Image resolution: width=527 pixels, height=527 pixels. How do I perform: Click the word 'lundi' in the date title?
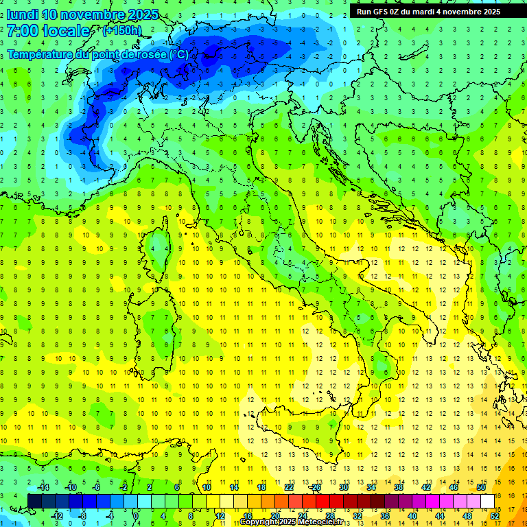pyautogui.click(x=22, y=14)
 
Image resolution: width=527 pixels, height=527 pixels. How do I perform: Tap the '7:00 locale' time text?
pyautogui.click(x=49, y=31)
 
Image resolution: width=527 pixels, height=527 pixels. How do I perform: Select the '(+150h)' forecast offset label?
pyautogui.click(x=123, y=31)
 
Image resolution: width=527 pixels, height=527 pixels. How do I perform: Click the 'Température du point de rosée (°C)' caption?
pyautogui.click(x=97, y=54)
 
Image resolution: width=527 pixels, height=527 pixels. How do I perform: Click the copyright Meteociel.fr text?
pyautogui.click(x=296, y=522)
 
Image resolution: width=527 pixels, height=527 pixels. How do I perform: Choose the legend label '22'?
pyautogui.click(x=289, y=487)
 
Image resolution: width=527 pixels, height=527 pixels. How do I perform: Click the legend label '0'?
pyautogui.click(x=136, y=515)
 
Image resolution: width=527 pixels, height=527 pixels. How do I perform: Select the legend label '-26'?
pyautogui.click(x=316, y=487)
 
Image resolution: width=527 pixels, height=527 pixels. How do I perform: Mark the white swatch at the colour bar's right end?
pyautogui.click(x=487, y=501)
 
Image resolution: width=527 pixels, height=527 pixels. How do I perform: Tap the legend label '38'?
pyautogui.click(x=399, y=487)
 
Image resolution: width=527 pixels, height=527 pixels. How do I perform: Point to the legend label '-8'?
pyautogui.click(x=83, y=515)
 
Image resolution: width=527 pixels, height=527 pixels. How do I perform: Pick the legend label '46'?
pyautogui.click(x=454, y=487)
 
